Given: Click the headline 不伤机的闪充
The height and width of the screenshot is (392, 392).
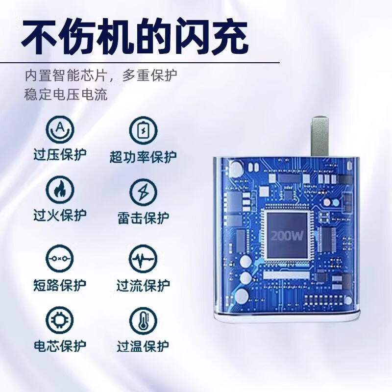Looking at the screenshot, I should coord(135,35).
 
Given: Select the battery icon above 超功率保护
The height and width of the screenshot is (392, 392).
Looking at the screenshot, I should coord(143,130).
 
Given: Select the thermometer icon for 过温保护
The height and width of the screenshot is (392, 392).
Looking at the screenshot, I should coord(143,321).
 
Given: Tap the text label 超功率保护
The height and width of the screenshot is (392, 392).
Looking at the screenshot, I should coord(143,157).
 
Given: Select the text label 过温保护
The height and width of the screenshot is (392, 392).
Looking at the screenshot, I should coord(143,346).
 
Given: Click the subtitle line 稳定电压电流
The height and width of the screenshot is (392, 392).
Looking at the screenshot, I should coord(66,94).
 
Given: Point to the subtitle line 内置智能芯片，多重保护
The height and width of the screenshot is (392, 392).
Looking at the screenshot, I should coord(101,76).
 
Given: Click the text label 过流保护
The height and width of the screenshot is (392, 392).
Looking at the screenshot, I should coord(143,285).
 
